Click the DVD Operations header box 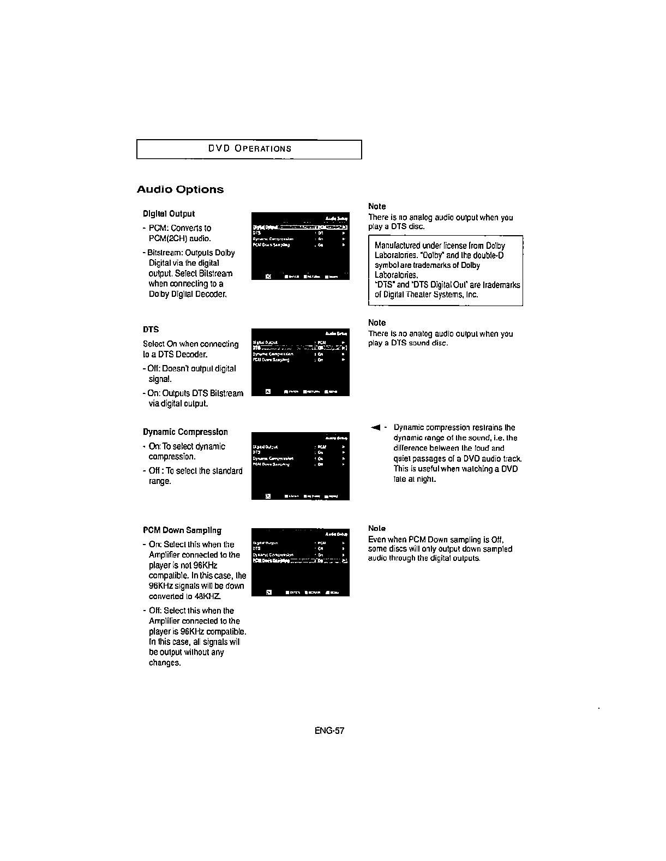point(249,149)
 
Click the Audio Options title point(180,190)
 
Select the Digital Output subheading point(169,213)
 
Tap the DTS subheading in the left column point(151,330)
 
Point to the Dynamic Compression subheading point(185,432)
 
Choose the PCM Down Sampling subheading point(182,530)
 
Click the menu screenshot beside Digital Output point(300,246)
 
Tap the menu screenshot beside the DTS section point(300,362)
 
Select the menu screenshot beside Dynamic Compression point(300,465)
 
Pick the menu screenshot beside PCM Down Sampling point(300,562)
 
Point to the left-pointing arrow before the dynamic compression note point(375,427)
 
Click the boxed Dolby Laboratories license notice point(446,271)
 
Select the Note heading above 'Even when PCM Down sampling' point(377,528)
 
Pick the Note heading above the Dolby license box point(377,206)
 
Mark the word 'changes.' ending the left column point(165,663)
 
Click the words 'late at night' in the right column point(415,480)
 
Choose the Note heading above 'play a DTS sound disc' point(377,322)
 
